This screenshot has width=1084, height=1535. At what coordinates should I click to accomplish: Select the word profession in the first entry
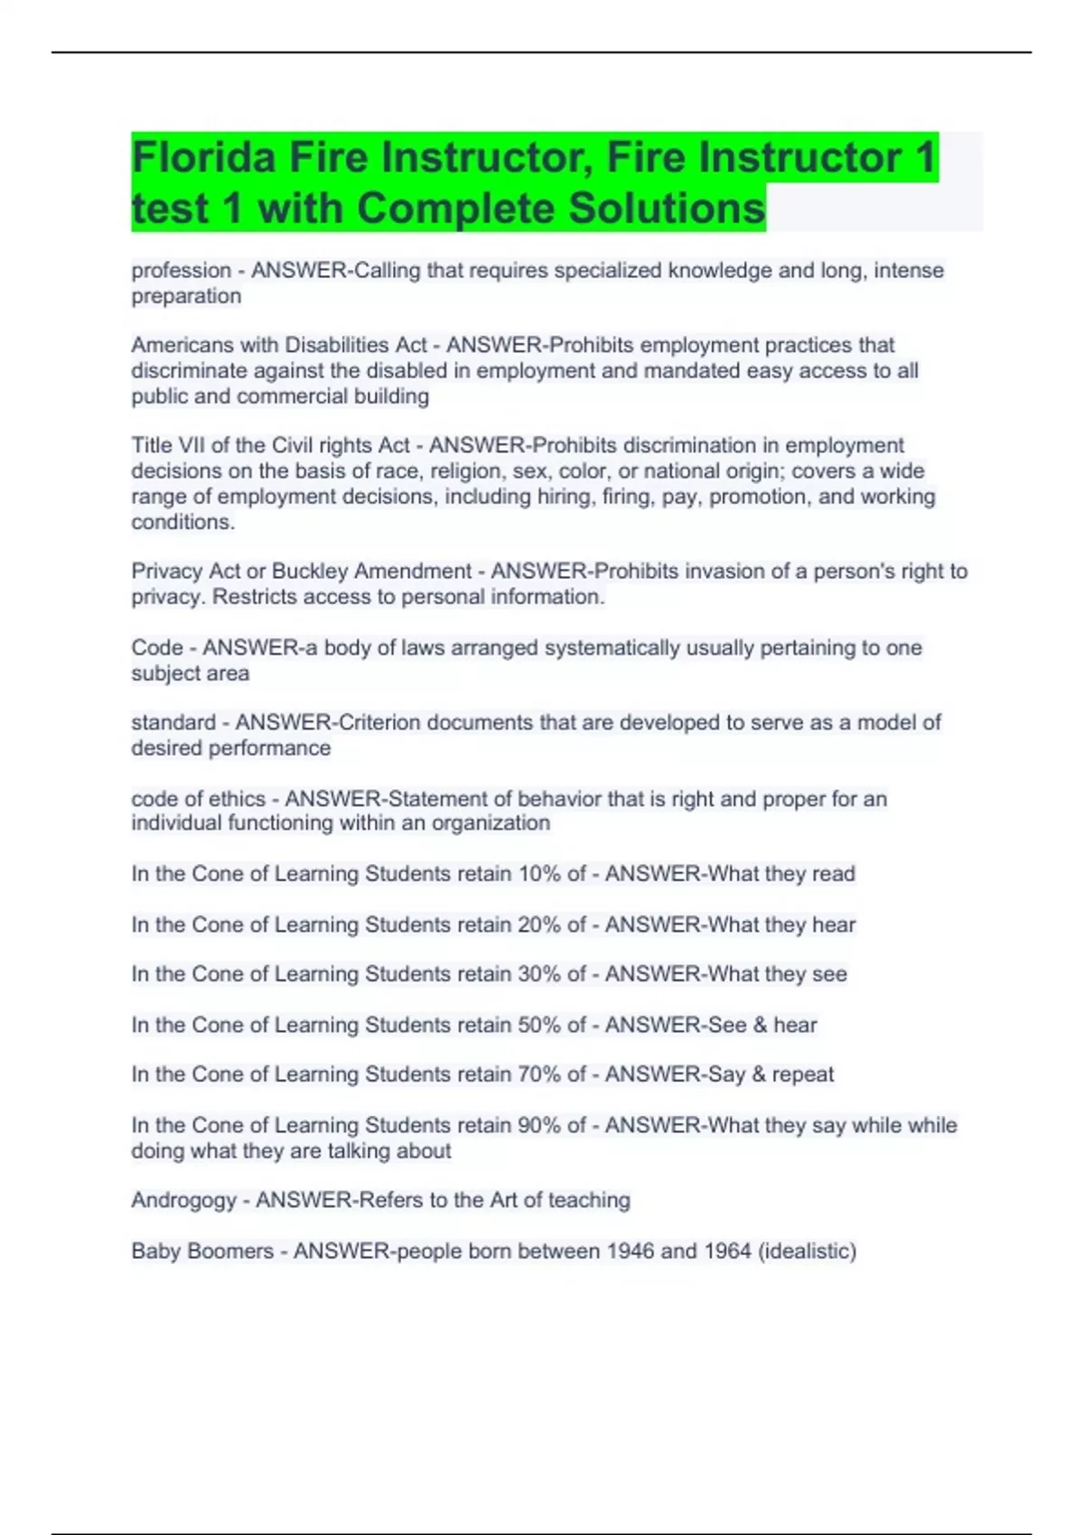182,271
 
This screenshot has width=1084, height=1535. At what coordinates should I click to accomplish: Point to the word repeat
803,1074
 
